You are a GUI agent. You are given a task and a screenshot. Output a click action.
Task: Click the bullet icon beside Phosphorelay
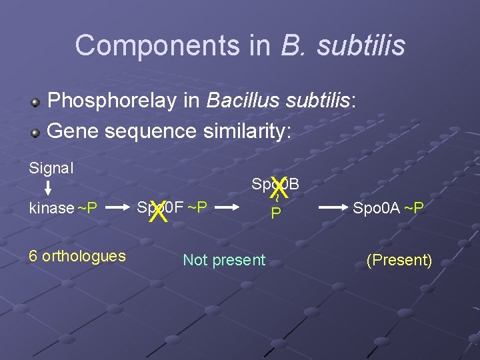(x=37, y=103)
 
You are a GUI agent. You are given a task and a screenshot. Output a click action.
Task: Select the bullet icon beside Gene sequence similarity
(x=37, y=131)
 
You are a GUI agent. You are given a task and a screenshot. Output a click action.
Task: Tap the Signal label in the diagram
(x=51, y=168)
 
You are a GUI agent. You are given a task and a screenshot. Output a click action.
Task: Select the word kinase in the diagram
(x=51, y=208)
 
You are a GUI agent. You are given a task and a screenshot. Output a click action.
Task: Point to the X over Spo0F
(x=157, y=213)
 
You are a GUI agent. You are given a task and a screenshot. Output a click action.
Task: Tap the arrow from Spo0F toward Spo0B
(x=227, y=208)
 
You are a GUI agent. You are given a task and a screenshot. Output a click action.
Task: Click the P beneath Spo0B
(x=274, y=213)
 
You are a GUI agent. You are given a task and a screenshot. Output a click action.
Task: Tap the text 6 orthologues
(x=77, y=256)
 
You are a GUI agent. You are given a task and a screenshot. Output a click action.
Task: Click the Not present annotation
(x=224, y=260)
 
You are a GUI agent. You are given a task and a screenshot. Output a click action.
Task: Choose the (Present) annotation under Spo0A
(x=399, y=260)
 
